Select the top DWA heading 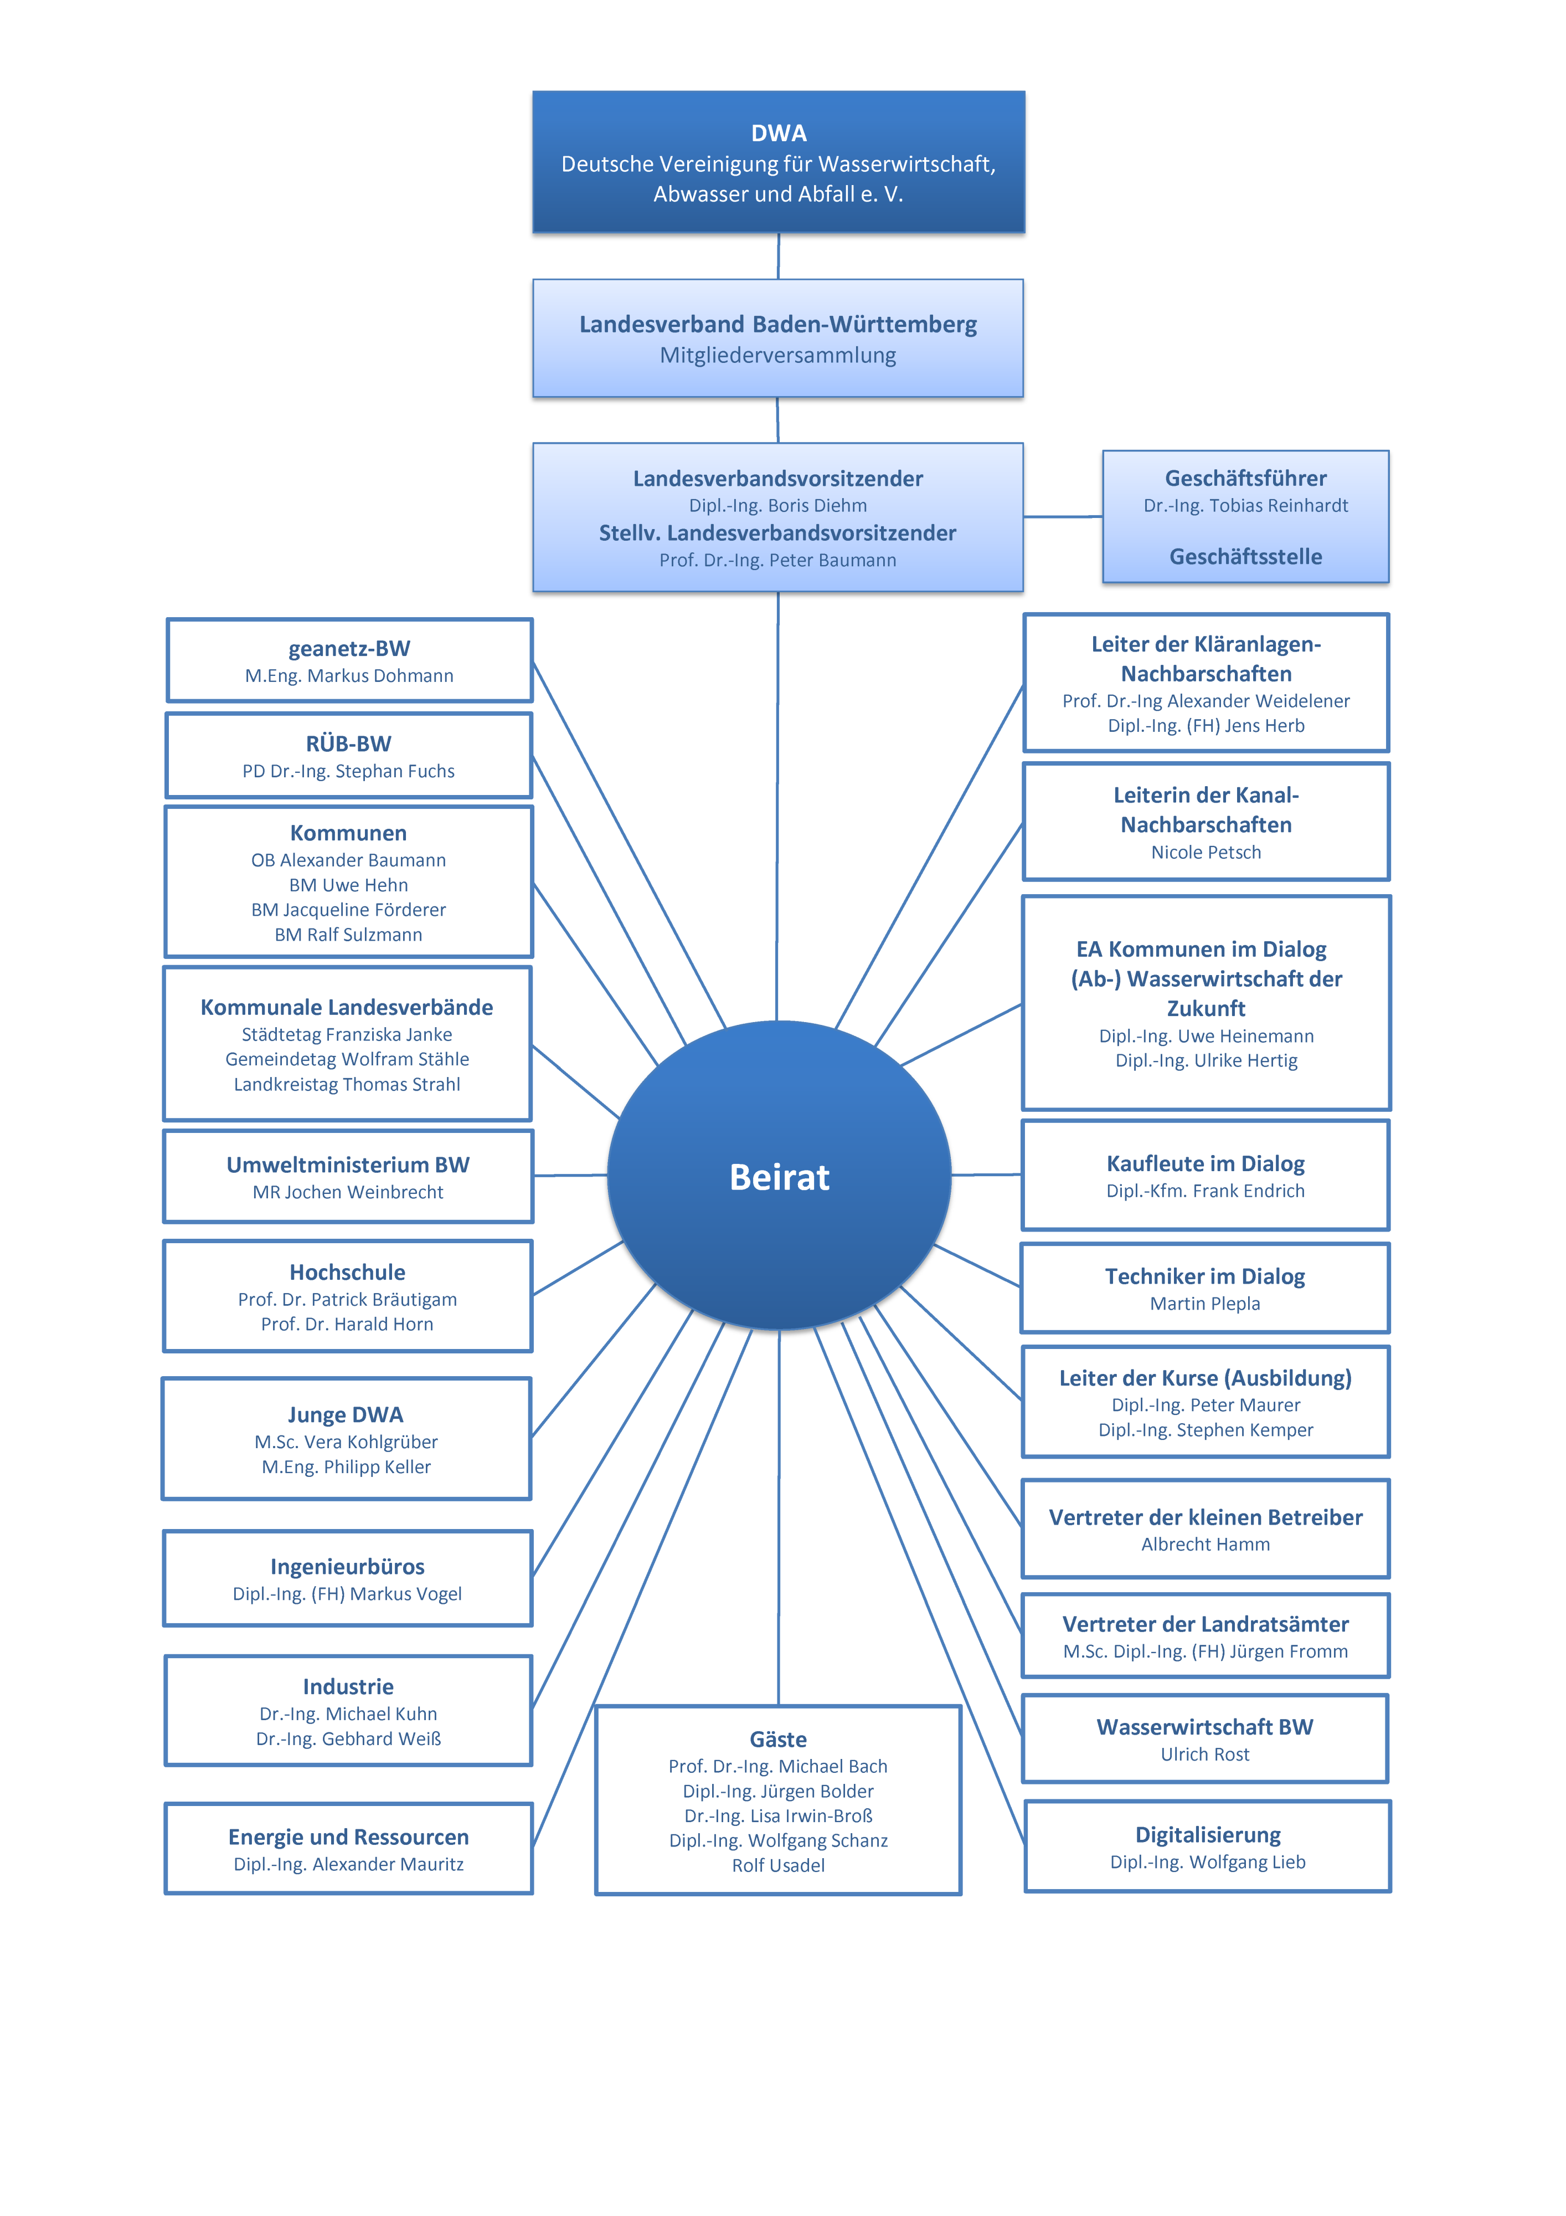[x=779, y=132]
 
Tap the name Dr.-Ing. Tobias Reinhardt [x=1246, y=506]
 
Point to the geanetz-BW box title [x=349, y=649]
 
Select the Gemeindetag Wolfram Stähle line [x=347, y=1060]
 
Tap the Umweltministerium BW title [x=348, y=1165]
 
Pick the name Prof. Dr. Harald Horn [x=347, y=1324]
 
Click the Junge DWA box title [x=346, y=1415]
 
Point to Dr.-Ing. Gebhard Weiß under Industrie [x=348, y=1739]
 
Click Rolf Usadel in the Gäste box [x=779, y=1866]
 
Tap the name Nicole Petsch [x=1206, y=852]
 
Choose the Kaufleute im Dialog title [x=1206, y=1164]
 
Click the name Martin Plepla [x=1205, y=1304]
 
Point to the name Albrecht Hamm [x=1206, y=1544]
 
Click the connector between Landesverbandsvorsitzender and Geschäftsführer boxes [x=1063, y=516]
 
